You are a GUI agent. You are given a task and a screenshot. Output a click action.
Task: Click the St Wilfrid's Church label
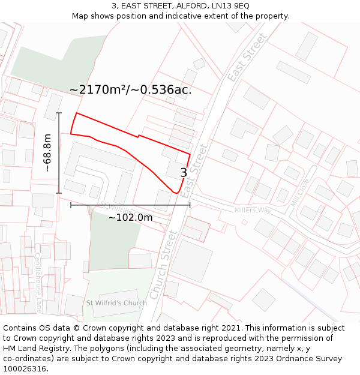click(116, 303)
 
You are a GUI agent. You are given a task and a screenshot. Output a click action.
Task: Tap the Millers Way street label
click(253, 210)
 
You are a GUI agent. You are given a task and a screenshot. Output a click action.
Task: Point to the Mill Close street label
click(299, 193)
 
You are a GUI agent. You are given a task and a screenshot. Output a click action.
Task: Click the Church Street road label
click(164, 265)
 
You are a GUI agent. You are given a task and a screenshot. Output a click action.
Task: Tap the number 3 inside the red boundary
click(184, 173)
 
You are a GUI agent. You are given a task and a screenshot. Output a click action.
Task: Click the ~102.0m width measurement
click(130, 217)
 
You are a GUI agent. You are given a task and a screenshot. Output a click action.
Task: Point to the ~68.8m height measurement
click(47, 153)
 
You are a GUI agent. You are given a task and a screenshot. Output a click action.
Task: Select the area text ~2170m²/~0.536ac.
click(130, 90)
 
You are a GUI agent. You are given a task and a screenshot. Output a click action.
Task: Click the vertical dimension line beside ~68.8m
click(59, 153)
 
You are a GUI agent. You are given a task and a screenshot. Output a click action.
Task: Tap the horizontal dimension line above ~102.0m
click(130, 205)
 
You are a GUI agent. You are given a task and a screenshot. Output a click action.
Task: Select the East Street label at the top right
click(247, 58)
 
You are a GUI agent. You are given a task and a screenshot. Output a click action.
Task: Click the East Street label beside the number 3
click(194, 171)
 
